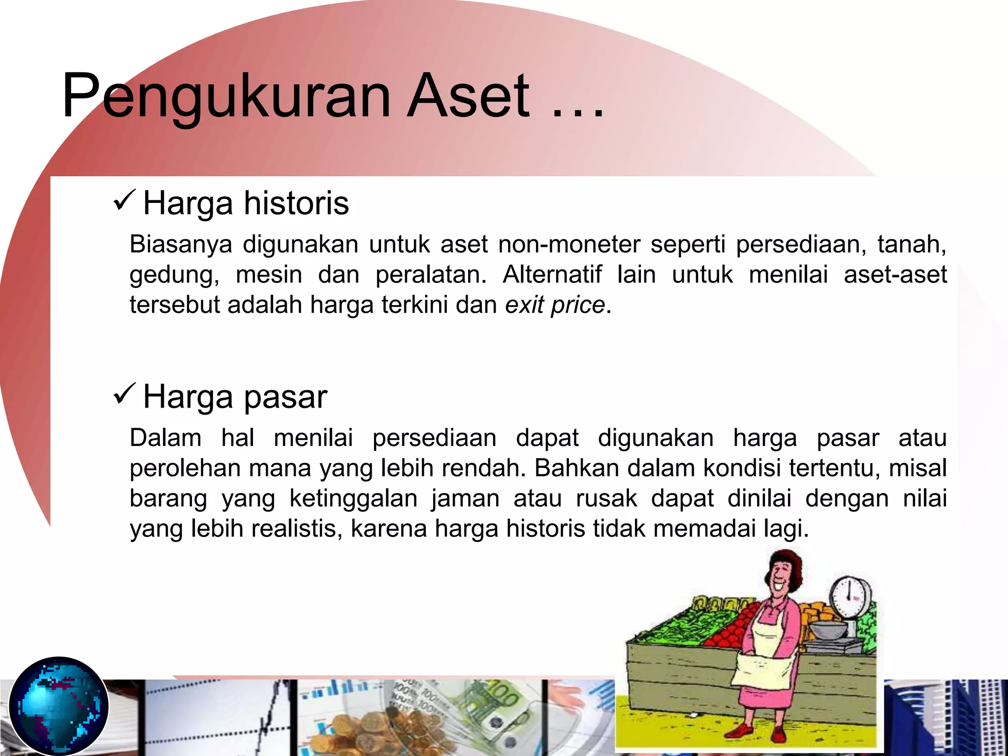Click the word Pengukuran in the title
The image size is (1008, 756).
pos(226,96)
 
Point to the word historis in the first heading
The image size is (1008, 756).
pos(296,203)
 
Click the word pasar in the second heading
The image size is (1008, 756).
pos(285,397)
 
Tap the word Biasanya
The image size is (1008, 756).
pos(181,244)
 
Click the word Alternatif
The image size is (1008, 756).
pos(552,274)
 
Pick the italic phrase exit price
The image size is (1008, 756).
pos(555,305)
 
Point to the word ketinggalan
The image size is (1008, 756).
pos(353,498)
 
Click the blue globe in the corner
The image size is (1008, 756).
pos(59,706)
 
